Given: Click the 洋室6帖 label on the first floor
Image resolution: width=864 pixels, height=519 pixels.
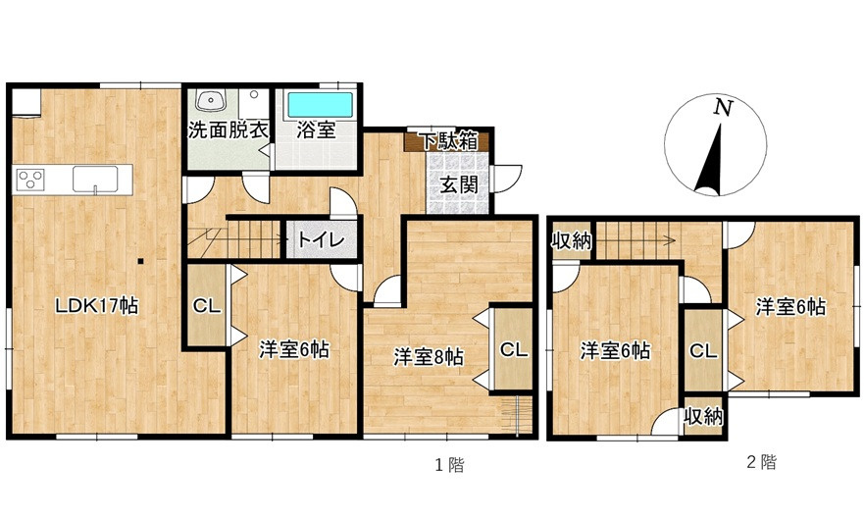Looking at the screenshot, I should pyautogui.click(x=293, y=348).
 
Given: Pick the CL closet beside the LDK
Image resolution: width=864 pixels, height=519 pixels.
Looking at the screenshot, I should pyautogui.click(x=206, y=306).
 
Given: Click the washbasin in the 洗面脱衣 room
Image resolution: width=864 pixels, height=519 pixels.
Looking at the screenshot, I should pyautogui.click(x=210, y=101).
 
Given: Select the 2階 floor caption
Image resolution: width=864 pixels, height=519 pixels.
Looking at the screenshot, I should pyautogui.click(x=761, y=462).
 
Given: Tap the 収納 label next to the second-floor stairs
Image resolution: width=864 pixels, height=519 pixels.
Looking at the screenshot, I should pyautogui.click(x=571, y=241).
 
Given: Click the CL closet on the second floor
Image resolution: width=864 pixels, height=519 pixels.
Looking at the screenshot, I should pyautogui.click(x=702, y=350).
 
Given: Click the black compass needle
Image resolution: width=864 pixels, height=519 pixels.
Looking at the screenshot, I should pyautogui.click(x=710, y=162).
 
